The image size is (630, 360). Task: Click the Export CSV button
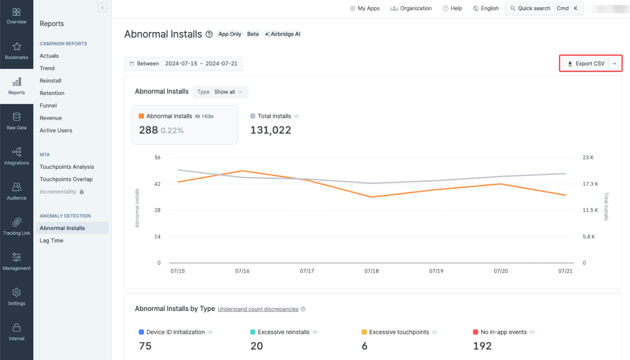[585, 63]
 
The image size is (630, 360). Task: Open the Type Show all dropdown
[220, 92]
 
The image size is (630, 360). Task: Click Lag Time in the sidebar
[51, 240]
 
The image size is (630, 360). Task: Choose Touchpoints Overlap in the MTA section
[66, 179]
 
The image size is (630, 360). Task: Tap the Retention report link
[52, 93]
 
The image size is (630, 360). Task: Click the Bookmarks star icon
[17, 46]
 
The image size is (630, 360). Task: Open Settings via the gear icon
[17, 292]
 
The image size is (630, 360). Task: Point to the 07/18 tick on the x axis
[372, 271]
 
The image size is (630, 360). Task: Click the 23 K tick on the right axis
[588, 157]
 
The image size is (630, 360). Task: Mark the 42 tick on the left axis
[157, 184]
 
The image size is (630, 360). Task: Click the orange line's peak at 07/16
[243, 171]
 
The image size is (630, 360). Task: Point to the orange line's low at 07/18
[372, 197]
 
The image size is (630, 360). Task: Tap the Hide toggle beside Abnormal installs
[204, 116]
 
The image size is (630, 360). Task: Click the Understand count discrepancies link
[258, 309]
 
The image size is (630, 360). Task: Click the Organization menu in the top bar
[411, 9]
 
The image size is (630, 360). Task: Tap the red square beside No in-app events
[476, 332]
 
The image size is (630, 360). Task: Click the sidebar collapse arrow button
[103, 8]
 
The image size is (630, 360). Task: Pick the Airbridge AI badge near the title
[283, 34]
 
